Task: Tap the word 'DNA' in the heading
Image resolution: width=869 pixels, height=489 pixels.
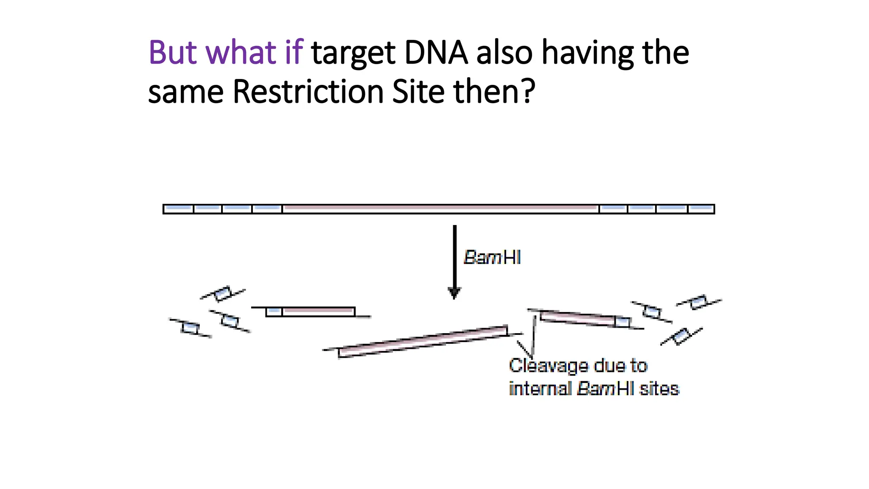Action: (x=436, y=53)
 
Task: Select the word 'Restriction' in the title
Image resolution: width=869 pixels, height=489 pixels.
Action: (x=308, y=92)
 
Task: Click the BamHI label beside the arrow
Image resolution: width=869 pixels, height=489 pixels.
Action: (x=492, y=258)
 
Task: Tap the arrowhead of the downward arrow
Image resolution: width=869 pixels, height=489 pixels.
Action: (x=454, y=293)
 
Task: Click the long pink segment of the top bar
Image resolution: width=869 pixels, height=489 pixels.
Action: (x=440, y=208)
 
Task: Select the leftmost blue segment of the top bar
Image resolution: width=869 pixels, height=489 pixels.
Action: (x=179, y=208)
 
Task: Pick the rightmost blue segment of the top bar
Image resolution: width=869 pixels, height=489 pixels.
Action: (x=701, y=208)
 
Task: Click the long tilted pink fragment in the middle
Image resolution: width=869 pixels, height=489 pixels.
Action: (x=423, y=342)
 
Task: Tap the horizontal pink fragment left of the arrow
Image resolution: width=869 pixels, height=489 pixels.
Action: (x=318, y=312)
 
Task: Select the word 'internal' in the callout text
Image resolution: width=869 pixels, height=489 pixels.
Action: (x=540, y=389)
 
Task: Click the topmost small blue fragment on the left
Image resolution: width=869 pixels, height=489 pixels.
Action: (x=222, y=293)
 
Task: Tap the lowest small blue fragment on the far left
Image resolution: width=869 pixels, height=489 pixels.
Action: (x=190, y=328)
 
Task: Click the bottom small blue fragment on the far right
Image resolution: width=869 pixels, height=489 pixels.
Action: (x=681, y=336)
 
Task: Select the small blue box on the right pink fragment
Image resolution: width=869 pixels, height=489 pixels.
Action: (x=622, y=322)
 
